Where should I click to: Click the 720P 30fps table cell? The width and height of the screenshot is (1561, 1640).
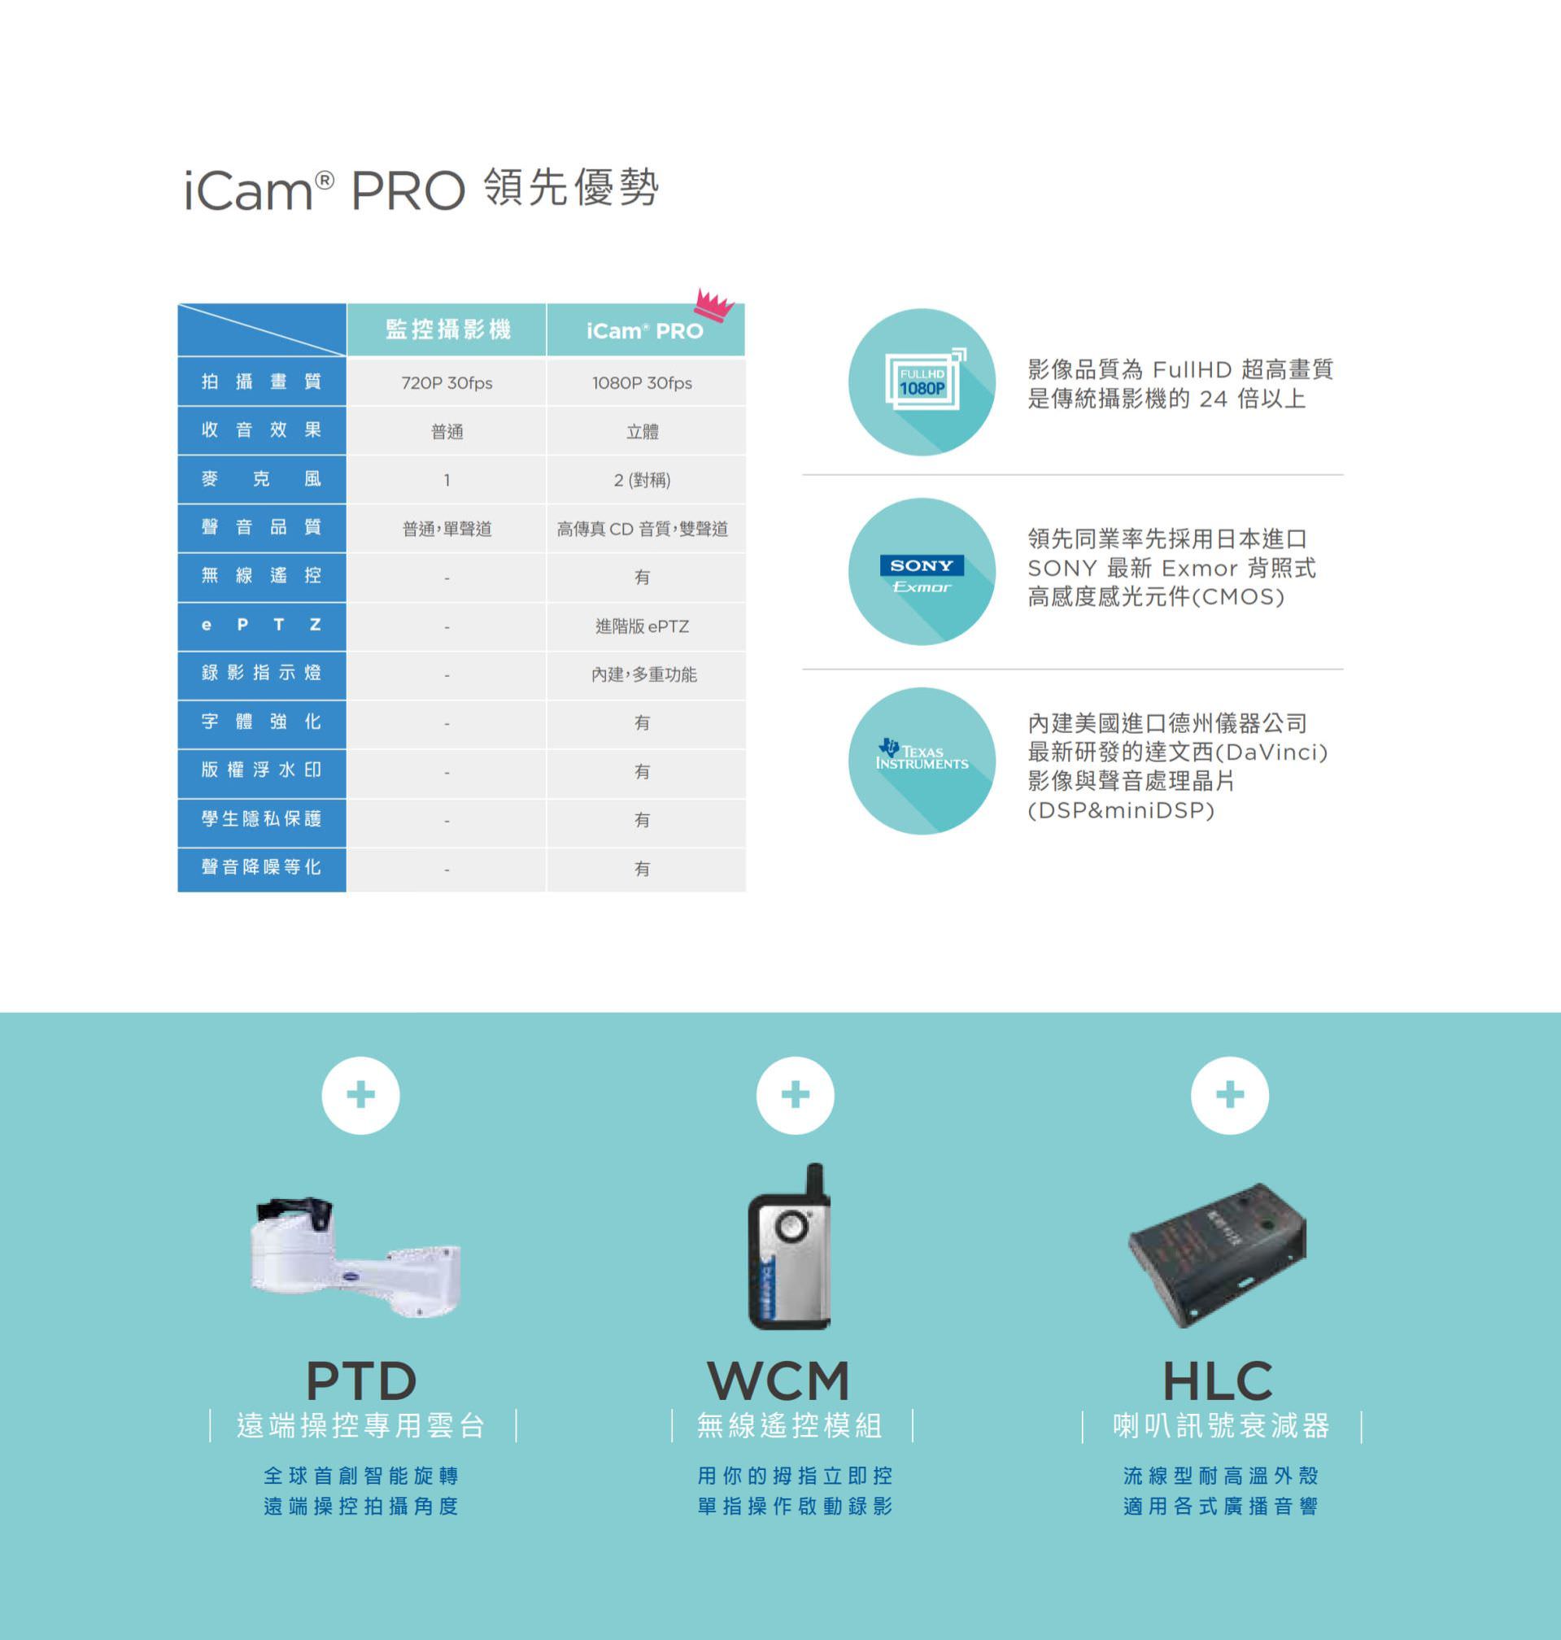click(446, 383)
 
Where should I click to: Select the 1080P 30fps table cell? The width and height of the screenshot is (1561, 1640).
click(642, 383)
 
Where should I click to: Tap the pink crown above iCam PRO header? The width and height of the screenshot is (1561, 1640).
click(714, 303)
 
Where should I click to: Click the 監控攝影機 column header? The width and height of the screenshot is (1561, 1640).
click(447, 329)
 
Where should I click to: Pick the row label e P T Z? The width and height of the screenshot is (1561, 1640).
click(261, 625)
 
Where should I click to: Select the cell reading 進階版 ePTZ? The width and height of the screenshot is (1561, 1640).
click(642, 626)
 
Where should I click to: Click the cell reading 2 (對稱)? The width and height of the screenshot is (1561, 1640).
click(642, 480)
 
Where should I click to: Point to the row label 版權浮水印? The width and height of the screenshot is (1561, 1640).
click(261, 770)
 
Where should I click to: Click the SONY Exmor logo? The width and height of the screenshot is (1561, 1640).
click(922, 574)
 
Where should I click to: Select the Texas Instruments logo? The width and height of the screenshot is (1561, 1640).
click(922, 757)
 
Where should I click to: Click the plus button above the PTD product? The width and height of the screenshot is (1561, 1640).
click(360, 1095)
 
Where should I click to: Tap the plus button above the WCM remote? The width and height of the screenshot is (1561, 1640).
click(795, 1095)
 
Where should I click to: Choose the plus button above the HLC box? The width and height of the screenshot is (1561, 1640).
click(1229, 1095)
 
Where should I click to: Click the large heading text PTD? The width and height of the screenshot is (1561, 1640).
click(361, 1381)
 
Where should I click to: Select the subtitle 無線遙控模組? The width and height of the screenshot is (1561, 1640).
click(790, 1426)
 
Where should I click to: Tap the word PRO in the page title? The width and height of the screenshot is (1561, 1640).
click(407, 190)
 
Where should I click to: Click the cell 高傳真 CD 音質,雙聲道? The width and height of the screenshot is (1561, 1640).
click(642, 528)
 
